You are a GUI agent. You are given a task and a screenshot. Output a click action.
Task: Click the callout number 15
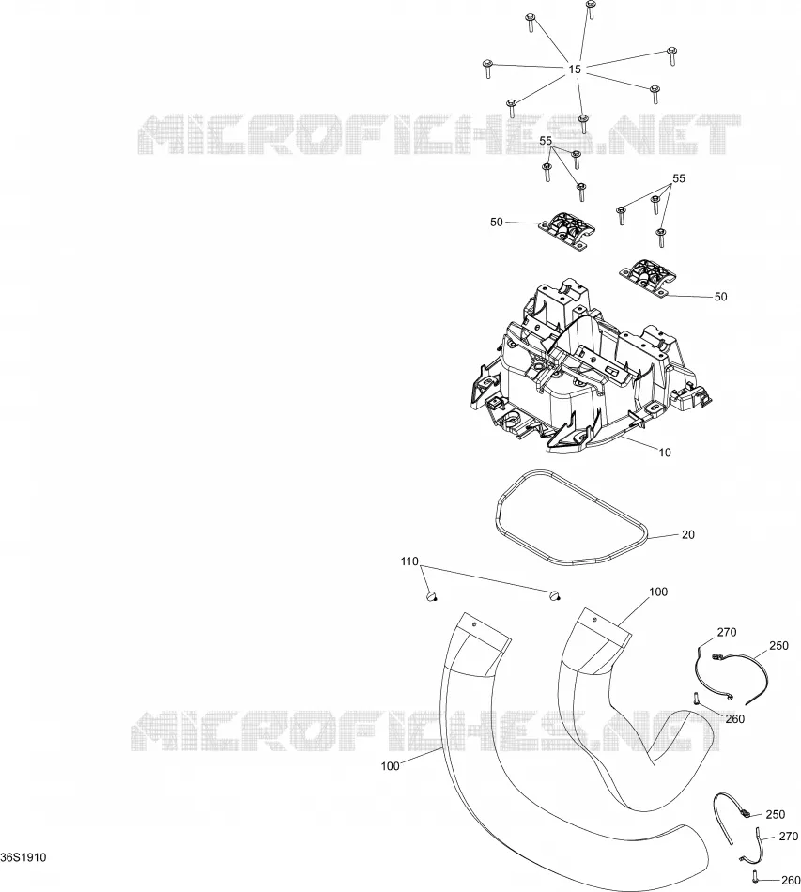(x=575, y=69)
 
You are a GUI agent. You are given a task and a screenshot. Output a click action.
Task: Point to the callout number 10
(x=665, y=453)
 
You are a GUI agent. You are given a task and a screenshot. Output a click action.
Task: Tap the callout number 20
(x=687, y=535)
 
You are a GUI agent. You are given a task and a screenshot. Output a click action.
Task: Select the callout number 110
(x=409, y=562)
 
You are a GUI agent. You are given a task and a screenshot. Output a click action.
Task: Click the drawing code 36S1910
(x=23, y=857)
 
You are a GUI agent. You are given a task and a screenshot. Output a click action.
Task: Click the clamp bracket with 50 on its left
(x=566, y=230)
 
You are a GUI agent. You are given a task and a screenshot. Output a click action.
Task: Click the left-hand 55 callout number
(x=546, y=141)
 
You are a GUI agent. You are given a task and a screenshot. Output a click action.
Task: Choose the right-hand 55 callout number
(x=679, y=178)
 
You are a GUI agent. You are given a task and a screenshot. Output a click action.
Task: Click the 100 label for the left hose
(x=391, y=766)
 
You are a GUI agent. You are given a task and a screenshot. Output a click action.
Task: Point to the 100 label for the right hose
(x=658, y=592)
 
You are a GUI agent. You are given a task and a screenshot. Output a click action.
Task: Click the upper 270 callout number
(x=727, y=633)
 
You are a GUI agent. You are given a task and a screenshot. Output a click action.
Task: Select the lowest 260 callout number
(x=790, y=881)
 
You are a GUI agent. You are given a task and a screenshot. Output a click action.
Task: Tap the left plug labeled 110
(x=432, y=596)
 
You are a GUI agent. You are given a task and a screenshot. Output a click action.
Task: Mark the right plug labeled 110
(x=555, y=595)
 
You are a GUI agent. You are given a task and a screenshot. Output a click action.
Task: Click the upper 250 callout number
(x=778, y=646)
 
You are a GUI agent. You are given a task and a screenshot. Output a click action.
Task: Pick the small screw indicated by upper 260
(x=696, y=698)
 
